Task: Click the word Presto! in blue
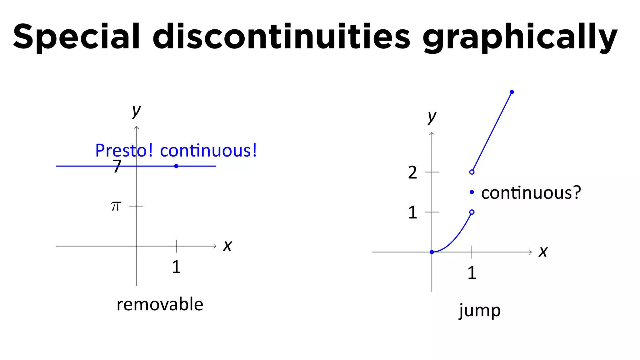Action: point(124,151)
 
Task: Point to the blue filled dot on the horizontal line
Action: point(176,166)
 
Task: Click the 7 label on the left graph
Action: point(117,166)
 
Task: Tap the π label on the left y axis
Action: point(116,206)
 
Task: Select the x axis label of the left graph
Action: point(227,246)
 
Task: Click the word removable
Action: point(160,304)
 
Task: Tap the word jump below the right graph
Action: point(480,311)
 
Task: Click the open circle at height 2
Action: point(472,172)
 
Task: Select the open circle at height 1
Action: point(472,212)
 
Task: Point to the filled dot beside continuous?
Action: point(472,192)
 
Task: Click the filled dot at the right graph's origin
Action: point(432,252)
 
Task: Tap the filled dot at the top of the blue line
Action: point(512,92)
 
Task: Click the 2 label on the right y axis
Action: point(412,172)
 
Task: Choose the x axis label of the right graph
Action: point(543,252)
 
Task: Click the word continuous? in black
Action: point(531,193)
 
